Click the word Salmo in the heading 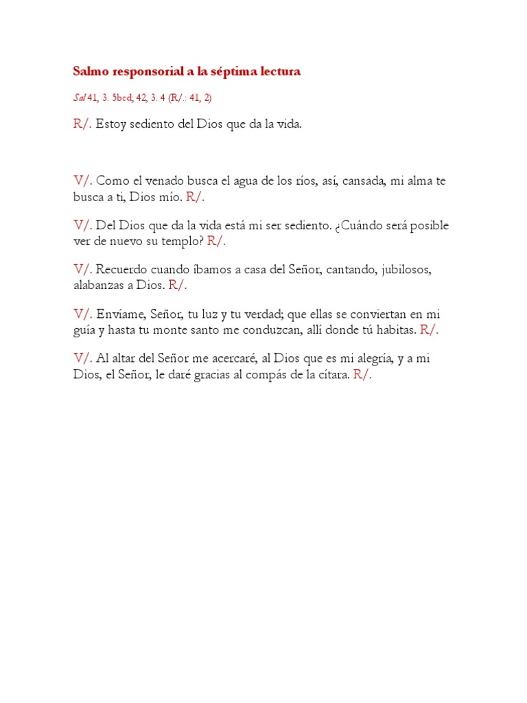coord(89,71)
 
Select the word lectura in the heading coord(277,71)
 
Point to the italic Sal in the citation coord(80,98)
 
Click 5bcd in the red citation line coord(124,98)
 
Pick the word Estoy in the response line coord(110,125)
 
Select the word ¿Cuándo coord(363,226)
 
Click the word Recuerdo coord(122,270)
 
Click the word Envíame coord(122,314)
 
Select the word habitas coord(395,330)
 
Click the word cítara coord(333,374)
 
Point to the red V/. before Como coord(83,181)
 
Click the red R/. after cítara coord(362,374)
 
